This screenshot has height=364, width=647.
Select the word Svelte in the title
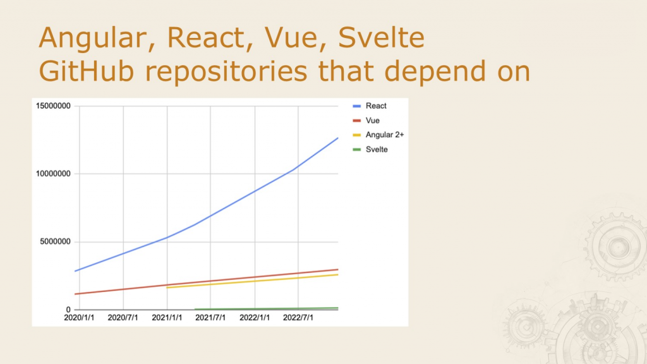pos(381,37)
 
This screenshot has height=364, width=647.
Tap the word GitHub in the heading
pos(86,71)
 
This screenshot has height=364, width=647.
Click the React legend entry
pos(370,106)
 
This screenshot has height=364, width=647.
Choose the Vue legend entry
pos(366,121)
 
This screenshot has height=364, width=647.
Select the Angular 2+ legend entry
pos(378,135)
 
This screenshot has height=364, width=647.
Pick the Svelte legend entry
pos(370,149)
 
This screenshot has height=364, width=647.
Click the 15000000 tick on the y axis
pos(53,106)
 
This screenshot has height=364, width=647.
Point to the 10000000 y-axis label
pos(53,174)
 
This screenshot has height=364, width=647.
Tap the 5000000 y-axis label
pos(56,241)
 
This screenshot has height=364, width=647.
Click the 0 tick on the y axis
pos(68,310)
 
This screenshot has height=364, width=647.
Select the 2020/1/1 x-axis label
pos(79,318)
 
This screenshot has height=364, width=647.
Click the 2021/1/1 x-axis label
pos(167,318)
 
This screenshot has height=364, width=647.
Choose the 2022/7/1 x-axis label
pos(298,318)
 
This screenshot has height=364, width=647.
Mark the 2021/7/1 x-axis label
pos(210,318)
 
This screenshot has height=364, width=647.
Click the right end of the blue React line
pos(338,138)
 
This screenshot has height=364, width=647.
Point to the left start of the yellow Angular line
pos(167,288)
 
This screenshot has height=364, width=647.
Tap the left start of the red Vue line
pos(75,294)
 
